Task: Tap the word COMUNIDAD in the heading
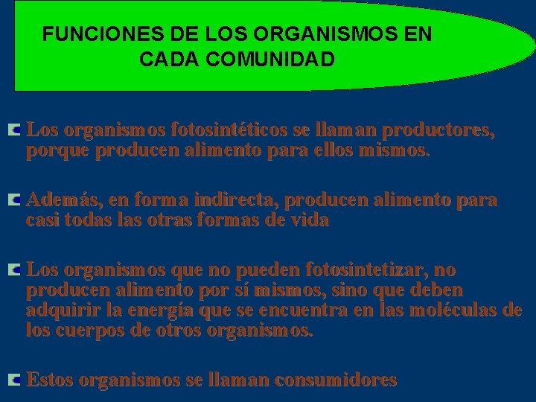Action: (282, 60)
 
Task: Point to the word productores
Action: (438, 131)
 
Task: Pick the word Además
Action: (63, 200)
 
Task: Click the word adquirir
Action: (58, 310)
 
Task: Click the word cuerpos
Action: (80, 329)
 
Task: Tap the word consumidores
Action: (335, 380)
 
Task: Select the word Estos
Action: (49, 380)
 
